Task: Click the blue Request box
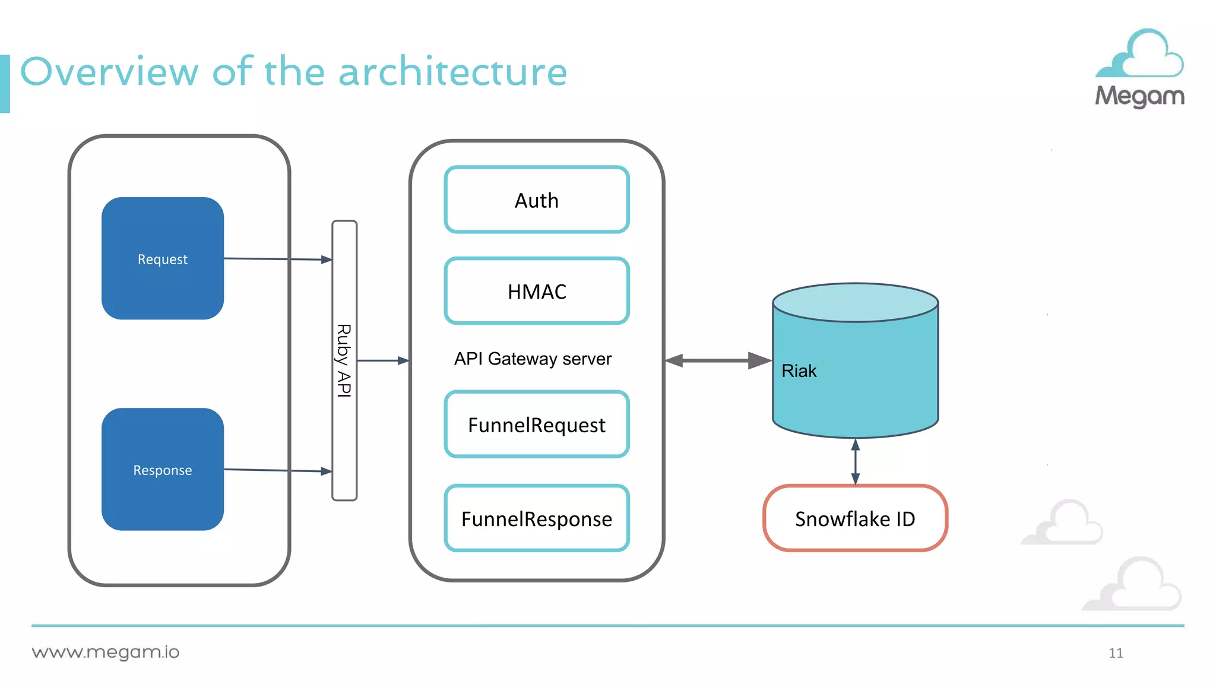(162, 258)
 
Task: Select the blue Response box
(162, 469)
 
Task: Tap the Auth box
(536, 200)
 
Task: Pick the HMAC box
(536, 291)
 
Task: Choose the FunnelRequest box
(536, 425)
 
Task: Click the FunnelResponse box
(536, 518)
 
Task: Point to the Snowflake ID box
(854, 518)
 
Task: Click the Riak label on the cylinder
(799, 370)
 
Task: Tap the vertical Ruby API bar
(344, 360)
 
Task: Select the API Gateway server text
(533, 359)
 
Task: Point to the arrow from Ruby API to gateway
(382, 360)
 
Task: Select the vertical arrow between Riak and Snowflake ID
(855, 461)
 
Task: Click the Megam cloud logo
(1139, 68)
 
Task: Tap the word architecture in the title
(452, 72)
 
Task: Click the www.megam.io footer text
(106, 652)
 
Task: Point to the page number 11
(1115, 653)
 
